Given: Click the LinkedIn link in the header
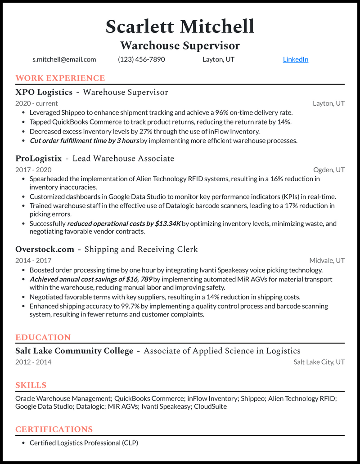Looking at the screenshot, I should tap(295, 59).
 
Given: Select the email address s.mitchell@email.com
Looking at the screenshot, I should tap(64, 59).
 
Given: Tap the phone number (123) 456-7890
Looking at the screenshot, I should tap(141, 59).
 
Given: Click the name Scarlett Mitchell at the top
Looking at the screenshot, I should tap(180, 27).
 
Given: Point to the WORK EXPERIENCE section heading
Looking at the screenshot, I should tap(60, 78).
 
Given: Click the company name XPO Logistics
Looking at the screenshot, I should tap(44, 93).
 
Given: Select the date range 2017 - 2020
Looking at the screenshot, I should tap(33, 170).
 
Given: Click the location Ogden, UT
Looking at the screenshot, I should tap(329, 170).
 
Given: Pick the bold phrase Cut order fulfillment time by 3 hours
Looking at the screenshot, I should tap(84, 141).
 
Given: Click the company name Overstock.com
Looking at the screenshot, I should tap(45, 249).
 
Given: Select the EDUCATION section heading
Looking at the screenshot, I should tap(43, 338).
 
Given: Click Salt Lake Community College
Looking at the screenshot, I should tap(74, 351).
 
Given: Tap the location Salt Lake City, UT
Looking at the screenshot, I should tap(319, 362).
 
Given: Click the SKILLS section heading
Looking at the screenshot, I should tap(31, 385).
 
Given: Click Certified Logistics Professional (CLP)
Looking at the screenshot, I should tap(84, 443).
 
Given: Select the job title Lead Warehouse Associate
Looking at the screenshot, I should tap(123, 159).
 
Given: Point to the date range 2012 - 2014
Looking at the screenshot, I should tap(33, 362).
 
